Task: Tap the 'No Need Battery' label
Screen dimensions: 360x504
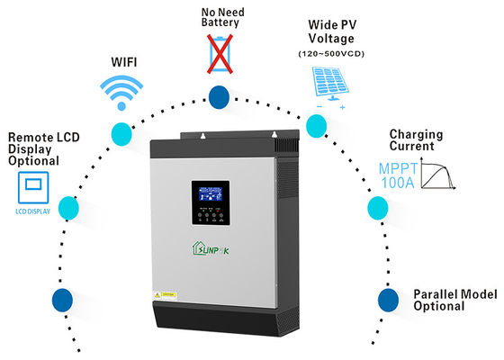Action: pos(219,15)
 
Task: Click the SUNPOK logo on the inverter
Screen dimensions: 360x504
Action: pos(220,247)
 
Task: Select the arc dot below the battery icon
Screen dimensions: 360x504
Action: pos(219,96)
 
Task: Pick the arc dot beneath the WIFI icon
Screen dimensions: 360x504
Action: pos(120,133)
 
